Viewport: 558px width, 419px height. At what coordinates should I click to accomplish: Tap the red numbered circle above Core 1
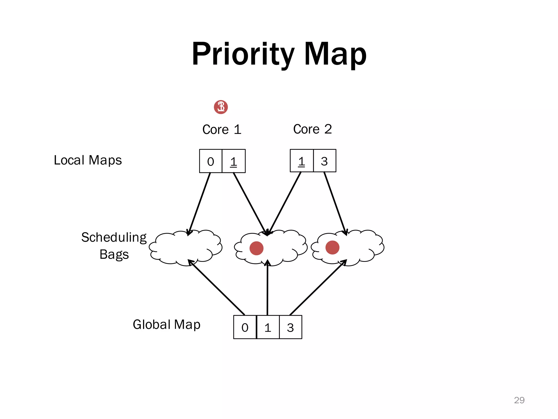221,107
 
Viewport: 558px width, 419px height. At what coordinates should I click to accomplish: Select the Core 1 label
222,129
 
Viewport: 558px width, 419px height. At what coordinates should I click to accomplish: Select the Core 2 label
313,129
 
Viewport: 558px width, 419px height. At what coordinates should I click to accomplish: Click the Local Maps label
87,160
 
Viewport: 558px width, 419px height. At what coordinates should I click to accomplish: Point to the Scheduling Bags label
114,246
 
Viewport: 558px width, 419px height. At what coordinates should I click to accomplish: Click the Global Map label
166,325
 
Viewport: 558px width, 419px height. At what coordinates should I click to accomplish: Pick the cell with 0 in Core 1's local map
211,161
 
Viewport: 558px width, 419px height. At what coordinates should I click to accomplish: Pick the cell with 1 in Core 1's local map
233,161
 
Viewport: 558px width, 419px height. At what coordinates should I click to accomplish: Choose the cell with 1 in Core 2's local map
302,161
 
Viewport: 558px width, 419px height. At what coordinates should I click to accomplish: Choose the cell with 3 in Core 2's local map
325,161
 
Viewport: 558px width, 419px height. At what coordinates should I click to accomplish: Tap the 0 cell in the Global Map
245,327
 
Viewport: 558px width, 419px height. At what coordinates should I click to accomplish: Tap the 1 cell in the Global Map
268,327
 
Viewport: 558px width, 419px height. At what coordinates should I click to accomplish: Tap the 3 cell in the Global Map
290,327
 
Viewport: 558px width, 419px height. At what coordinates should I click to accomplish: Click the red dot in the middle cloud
256,248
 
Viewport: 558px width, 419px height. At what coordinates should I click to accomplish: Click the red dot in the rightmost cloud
332,247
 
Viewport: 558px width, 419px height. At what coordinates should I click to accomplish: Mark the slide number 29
519,400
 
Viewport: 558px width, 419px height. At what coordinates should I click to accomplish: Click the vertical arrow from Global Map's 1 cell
268,289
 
